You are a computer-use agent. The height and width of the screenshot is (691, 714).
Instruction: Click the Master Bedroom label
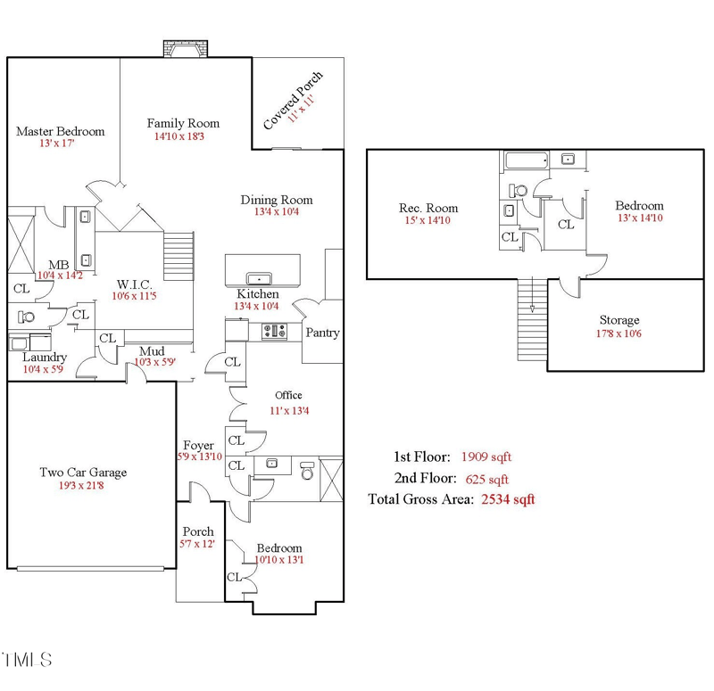pos(60,131)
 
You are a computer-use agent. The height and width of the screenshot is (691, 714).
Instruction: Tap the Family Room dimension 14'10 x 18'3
pos(179,137)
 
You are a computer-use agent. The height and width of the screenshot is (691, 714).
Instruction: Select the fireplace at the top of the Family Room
pos(184,50)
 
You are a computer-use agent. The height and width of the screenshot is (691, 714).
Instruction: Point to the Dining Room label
pos(277,200)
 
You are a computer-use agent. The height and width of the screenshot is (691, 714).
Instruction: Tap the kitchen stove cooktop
pos(273,332)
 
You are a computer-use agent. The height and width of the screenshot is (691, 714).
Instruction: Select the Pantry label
pos(322,333)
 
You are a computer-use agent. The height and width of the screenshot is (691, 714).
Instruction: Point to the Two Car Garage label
pos(82,473)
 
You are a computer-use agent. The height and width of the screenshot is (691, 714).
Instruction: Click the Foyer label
pos(198,445)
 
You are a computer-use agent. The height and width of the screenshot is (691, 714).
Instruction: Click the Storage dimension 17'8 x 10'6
pos(619,333)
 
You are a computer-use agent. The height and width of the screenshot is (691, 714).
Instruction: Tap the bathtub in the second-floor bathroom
pos(527,161)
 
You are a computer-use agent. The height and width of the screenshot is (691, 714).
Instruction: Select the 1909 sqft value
pos(486,457)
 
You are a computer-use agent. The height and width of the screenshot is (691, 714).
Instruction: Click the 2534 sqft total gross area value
pos(508,499)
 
